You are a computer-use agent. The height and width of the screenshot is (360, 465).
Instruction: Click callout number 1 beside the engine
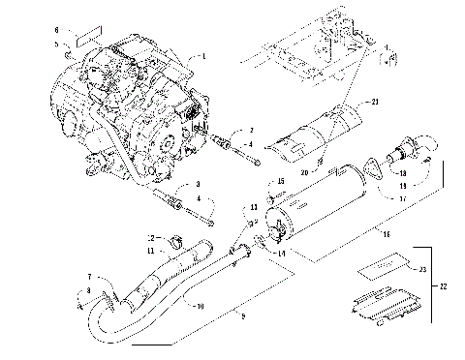[203, 57]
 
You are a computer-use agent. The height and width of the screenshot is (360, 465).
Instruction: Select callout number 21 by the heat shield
[375, 102]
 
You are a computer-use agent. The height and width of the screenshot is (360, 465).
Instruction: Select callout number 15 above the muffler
[282, 181]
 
